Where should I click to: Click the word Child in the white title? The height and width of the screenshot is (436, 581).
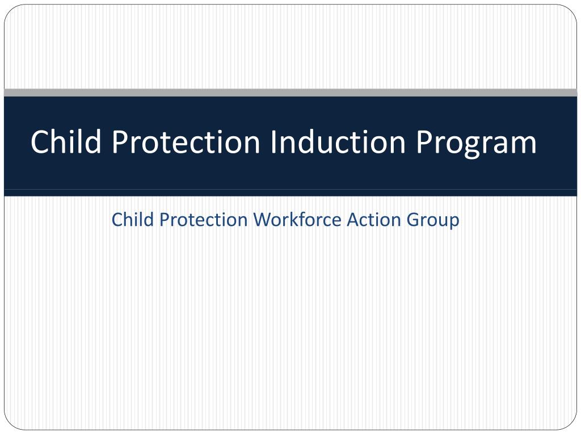click(x=66, y=141)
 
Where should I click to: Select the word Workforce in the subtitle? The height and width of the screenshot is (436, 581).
click(x=297, y=219)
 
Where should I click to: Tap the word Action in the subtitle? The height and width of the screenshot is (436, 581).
click(x=373, y=219)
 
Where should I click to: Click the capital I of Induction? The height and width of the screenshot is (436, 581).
click(x=273, y=141)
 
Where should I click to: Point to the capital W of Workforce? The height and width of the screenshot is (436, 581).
click(x=262, y=220)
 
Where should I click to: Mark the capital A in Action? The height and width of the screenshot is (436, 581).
click(x=353, y=220)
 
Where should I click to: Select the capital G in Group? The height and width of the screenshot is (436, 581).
click(x=412, y=220)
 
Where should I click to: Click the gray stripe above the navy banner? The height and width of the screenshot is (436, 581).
click(x=290, y=93)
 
